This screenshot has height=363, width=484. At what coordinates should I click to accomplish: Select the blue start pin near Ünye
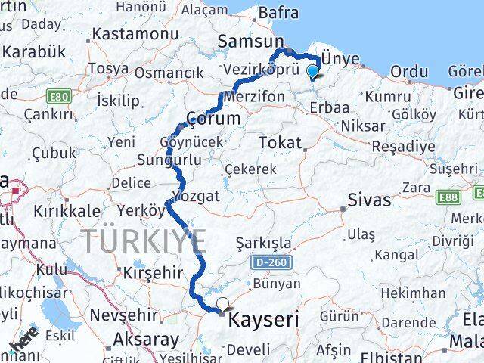coord(313,72)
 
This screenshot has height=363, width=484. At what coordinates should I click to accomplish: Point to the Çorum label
coord(215,119)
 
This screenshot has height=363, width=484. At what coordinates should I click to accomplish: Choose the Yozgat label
coord(197,196)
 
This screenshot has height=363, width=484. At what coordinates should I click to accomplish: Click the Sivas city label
coord(370,200)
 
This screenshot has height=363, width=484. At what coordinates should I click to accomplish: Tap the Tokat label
coord(279,143)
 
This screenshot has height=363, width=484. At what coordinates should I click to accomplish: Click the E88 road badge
coord(448,197)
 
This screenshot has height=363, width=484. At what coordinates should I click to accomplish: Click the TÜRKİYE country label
coord(144,242)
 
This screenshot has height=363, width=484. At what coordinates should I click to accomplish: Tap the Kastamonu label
coord(135,35)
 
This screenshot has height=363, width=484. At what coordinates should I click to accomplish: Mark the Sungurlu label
coord(169,160)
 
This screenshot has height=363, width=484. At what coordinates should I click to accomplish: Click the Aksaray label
coord(146,340)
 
